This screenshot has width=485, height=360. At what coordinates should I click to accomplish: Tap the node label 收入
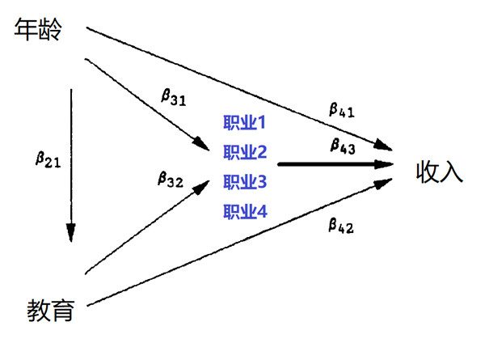[x=440, y=172]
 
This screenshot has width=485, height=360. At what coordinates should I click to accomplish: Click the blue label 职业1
[x=244, y=124]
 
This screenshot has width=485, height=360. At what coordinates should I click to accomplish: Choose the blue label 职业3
[x=244, y=182]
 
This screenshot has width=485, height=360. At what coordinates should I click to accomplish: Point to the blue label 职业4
[x=244, y=212]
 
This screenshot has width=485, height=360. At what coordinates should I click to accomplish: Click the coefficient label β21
[x=48, y=159]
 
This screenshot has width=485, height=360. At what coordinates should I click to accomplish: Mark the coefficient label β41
[x=341, y=108]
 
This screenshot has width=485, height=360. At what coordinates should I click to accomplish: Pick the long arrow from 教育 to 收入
[x=242, y=245]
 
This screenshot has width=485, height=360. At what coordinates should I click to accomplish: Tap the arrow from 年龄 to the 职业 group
[x=145, y=101]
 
